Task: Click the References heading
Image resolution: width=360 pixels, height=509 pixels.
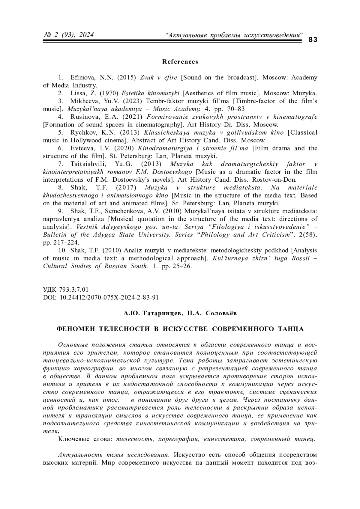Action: point(180,62)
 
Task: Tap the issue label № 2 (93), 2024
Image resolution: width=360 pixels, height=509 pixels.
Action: point(69,35)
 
